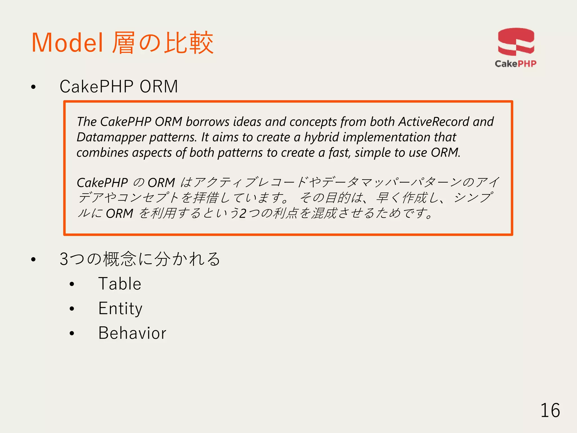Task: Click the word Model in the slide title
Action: tap(67, 43)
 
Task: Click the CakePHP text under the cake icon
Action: tap(516, 64)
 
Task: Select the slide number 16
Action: tap(550, 410)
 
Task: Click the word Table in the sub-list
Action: tap(120, 284)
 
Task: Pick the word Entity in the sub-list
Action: tap(120, 308)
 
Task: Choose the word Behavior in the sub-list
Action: tap(132, 333)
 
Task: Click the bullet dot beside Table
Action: tap(72, 284)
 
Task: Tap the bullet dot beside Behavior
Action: tap(72, 333)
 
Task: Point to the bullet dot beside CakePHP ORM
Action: tap(34, 87)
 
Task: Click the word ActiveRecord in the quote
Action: tap(434, 122)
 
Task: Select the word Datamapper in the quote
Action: tap(111, 137)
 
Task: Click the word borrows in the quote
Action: tap(207, 122)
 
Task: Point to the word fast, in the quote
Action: tap(339, 153)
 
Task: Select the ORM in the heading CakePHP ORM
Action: tap(159, 87)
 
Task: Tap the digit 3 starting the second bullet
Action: tap(64, 259)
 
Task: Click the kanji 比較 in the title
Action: tap(189, 43)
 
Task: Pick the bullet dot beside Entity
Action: tap(72, 309)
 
